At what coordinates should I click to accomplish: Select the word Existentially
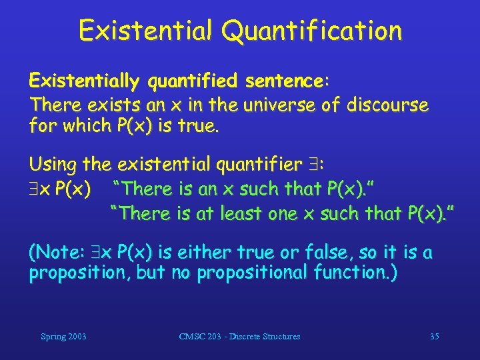84,81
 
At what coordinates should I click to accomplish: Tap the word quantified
193,81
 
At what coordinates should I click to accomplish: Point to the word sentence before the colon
284,81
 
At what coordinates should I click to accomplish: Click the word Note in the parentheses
58,253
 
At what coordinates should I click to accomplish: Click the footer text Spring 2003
63,337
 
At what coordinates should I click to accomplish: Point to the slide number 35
434,337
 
